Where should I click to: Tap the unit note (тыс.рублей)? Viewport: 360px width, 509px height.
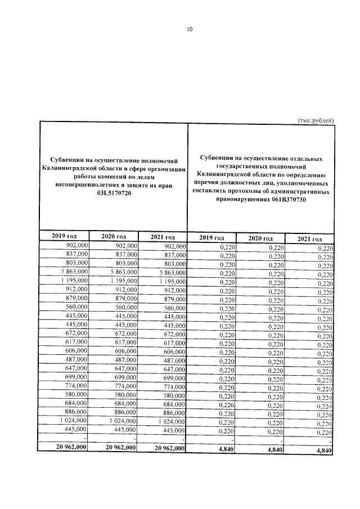(x=316, y=119)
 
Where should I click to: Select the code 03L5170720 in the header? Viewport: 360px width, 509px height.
(x=114, y=193)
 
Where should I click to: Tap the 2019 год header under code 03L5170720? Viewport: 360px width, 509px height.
(x=64, y=236)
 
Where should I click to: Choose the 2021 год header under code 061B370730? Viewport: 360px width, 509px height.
(x=308, y=238)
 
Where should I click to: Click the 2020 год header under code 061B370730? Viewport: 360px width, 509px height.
(x=260, y=238)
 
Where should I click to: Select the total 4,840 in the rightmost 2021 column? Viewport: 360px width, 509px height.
(x=324, y=451)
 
